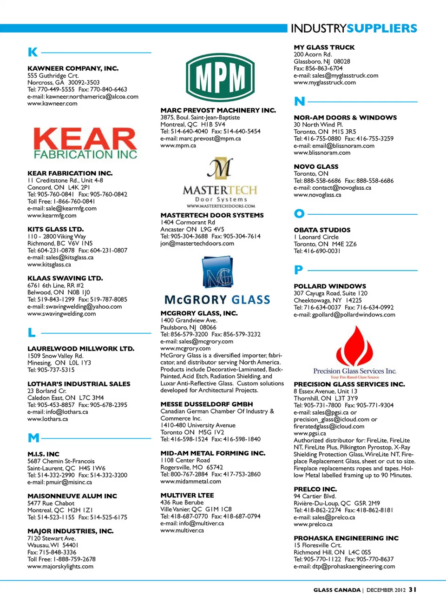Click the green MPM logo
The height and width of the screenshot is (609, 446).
(220, 77)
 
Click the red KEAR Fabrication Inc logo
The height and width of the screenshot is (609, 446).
(85, 143)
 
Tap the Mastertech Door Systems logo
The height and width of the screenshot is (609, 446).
(220, 183)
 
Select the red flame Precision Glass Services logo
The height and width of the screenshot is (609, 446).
(354, 352)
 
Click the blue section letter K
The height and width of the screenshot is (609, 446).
(33, 52)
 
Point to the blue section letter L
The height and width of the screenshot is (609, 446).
(32, 332)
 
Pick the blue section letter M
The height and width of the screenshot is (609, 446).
(33, 438)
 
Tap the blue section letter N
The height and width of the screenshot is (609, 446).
(300, 101)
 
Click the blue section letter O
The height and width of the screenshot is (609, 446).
(299, 213)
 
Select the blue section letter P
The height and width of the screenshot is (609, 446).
(299, 270)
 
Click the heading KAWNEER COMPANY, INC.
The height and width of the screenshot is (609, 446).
(73, 68)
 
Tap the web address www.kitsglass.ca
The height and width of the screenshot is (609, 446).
(49, 265)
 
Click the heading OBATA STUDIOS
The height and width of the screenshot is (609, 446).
(322, 230)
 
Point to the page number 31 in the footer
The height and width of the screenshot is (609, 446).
(413, 589)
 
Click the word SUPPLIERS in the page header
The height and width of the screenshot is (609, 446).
(382, 28)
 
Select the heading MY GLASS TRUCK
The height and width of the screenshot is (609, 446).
(324, 47)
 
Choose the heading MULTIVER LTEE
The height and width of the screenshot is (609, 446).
(187, 496)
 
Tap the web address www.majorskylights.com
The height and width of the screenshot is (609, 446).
(60, 566)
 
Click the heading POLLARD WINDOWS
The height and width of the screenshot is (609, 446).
(330, 286)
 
